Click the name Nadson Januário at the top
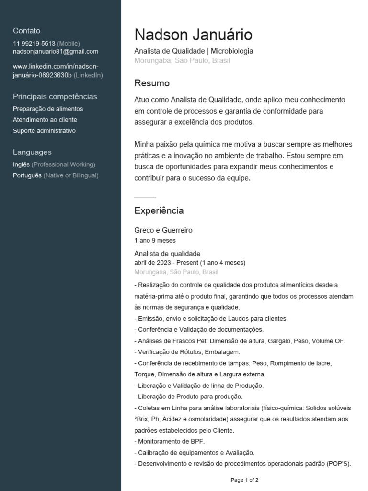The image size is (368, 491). pos(193,35)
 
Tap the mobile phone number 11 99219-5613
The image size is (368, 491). pos(34,43)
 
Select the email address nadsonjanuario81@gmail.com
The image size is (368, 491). pos(56,51)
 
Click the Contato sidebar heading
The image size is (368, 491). pos(27,31)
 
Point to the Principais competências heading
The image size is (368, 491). pos(55,96)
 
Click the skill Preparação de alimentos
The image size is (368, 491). pos(48,109)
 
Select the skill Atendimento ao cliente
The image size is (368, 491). pos(45,120)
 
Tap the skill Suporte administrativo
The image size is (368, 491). pos(44,130)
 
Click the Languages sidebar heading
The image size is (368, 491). pos(32,152)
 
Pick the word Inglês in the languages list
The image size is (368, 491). pos(21,164)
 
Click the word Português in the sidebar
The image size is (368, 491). pos(27,175)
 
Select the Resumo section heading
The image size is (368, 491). pos(152,83)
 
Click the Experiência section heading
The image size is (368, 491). pos(159,210)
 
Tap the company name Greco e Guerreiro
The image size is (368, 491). pos(163,230)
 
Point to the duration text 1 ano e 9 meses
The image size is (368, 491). pos(155,240)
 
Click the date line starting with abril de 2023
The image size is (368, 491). pos(190,263)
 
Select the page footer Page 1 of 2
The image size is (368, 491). pos(244,480)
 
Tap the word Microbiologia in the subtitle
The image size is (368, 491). pos(232,51)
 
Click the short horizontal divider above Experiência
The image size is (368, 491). pos(145,197)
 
